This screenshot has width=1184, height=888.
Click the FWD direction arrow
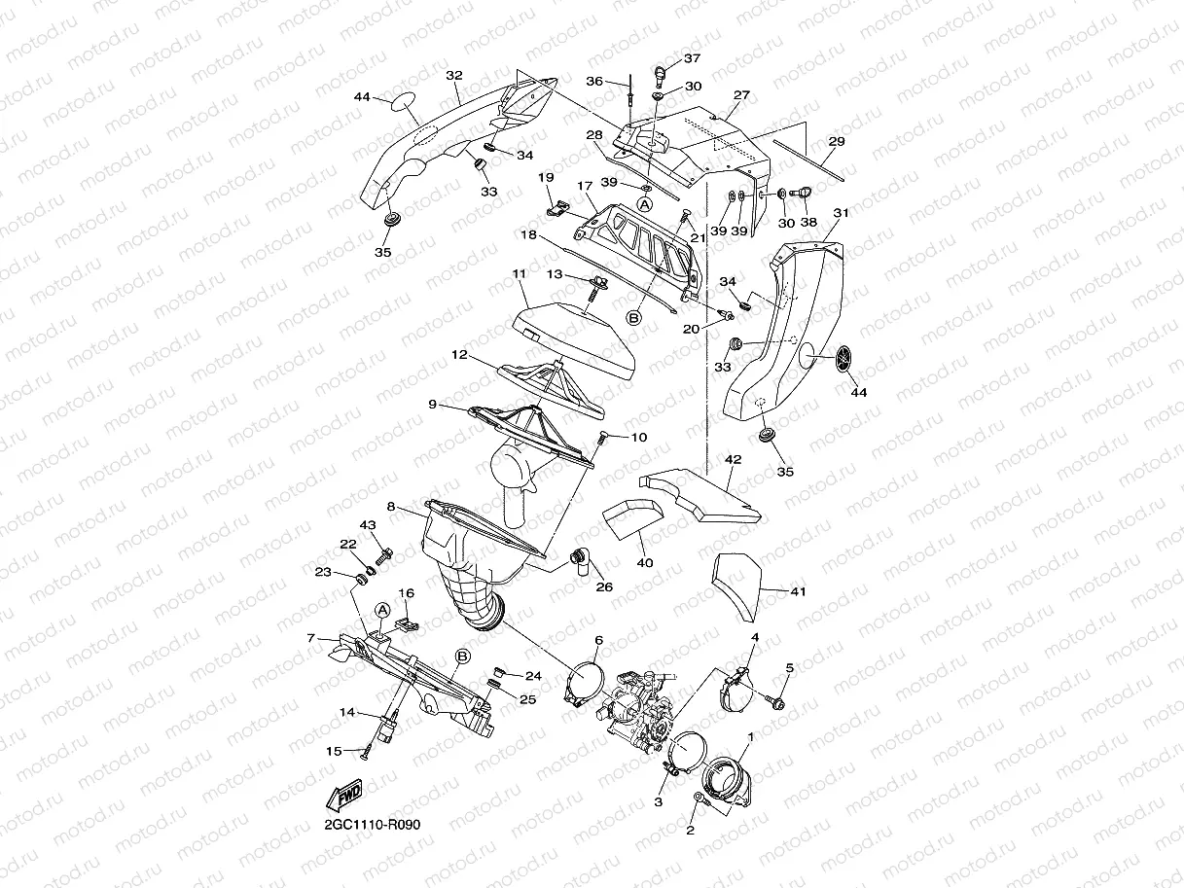(x=346, y=796)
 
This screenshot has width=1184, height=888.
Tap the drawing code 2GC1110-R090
(x=374, y=825)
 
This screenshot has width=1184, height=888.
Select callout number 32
(x=453, y=75)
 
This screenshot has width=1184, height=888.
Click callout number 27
(x=741, y=95)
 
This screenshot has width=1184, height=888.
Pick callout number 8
(x=390, y=507)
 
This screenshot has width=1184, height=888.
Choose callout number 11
(x=520, y=275)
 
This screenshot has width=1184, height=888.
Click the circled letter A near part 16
(x=382, y=610)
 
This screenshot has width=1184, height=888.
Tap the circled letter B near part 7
(x=462, y=657)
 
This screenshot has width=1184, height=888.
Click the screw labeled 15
(x=366, y=749)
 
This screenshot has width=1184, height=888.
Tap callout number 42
(x=733, y=457)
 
